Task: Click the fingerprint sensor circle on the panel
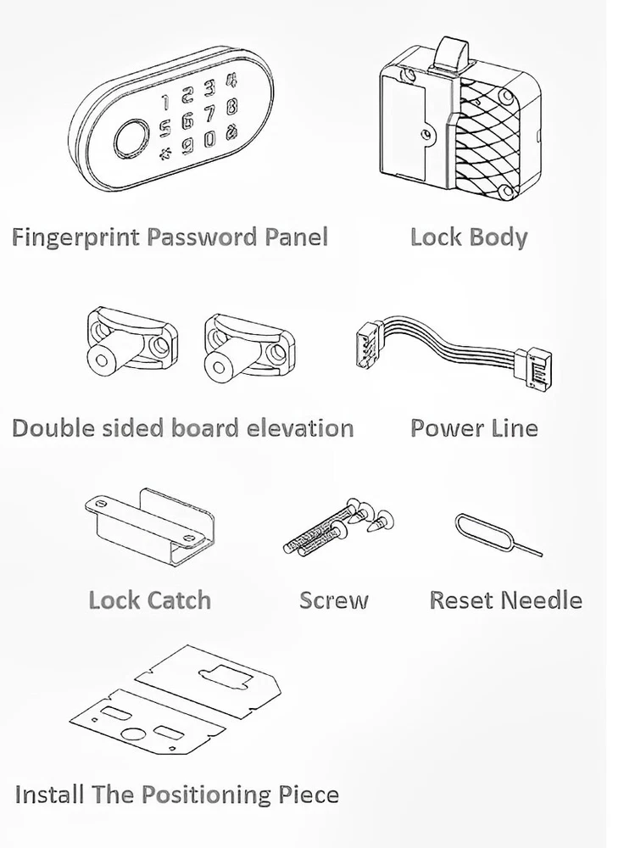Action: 131,140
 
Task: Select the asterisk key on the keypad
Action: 164,155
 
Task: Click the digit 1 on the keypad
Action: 166,102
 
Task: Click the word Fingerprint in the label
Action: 76,237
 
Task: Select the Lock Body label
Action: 469,237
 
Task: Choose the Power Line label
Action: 474,427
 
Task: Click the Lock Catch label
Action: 150,600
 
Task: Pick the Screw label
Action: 334,600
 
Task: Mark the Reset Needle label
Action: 505,600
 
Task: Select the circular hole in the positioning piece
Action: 133,734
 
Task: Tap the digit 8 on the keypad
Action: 231,105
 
